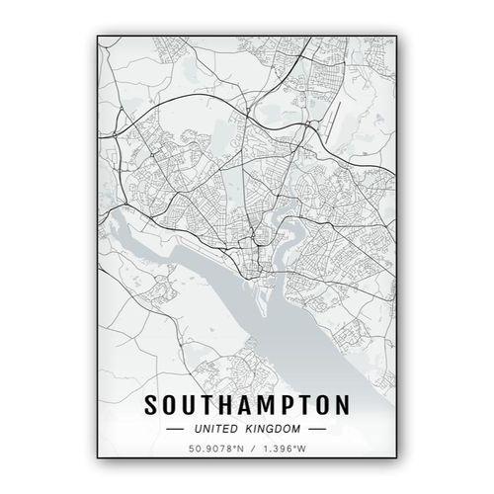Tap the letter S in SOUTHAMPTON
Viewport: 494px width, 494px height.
coord(152,406)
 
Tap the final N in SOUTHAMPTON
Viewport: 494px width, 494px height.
coord(341,406)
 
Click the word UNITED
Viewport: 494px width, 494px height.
coord(215,431)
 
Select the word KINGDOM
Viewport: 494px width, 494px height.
coord(275,431)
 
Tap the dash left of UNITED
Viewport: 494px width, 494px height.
coord(176,431)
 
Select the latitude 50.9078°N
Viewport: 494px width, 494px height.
coord(216,452)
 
